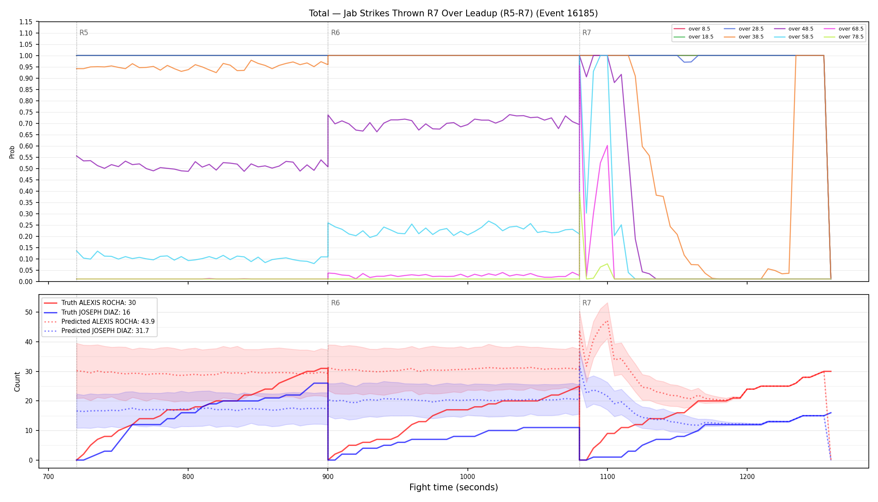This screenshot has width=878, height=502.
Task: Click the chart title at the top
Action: [453, 13]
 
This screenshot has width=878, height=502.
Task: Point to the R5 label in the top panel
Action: [84, 33]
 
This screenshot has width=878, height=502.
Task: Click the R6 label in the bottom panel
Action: [335, 303]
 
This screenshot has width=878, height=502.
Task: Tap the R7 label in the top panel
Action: [587, 33]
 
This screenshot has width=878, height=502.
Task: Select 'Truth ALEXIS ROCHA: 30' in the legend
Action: [98, 303]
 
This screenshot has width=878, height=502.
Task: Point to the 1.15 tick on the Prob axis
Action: [26, 22]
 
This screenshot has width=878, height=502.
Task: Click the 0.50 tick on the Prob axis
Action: [26, 169]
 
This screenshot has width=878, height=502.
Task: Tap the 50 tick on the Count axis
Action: [28, 312]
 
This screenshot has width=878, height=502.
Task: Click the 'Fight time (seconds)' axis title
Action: [454, 487]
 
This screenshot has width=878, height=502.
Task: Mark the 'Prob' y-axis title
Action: [12, 152]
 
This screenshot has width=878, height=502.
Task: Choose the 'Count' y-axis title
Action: [17, 382]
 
